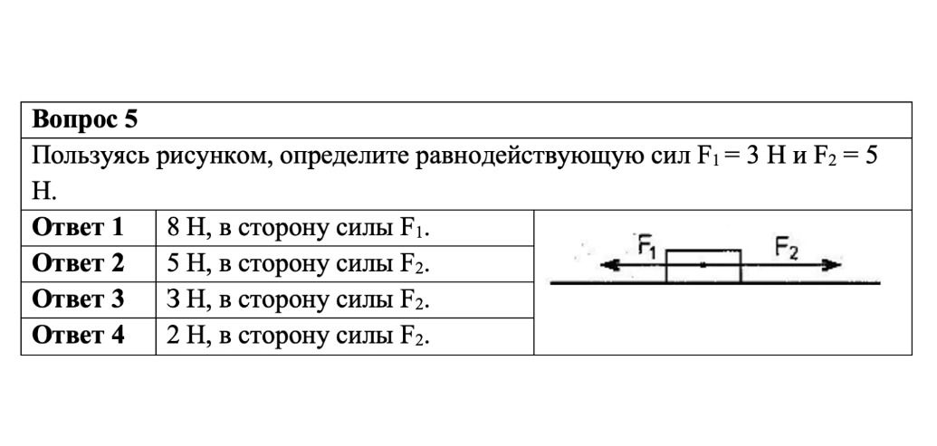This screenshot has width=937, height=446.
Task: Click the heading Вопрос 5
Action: [85, 120]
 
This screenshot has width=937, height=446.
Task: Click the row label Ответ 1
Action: [78, 227]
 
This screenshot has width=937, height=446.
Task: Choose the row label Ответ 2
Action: [78, 263]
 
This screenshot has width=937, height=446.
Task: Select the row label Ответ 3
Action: [78, 299]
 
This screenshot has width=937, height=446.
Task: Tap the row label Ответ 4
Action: [78, 336]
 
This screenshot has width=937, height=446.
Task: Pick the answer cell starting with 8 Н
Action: [299, 229]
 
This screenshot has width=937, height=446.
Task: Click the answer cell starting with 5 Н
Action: [299, 264]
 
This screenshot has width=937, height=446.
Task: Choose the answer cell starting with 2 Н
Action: [299, 337]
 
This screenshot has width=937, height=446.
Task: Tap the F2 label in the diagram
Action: [787, 246]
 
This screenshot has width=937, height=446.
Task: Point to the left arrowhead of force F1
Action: [607, 265]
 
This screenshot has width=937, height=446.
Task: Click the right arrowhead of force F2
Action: [832, 265]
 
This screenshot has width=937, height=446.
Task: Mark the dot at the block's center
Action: [704, 264]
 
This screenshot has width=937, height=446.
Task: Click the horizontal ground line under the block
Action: [715, 283]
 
